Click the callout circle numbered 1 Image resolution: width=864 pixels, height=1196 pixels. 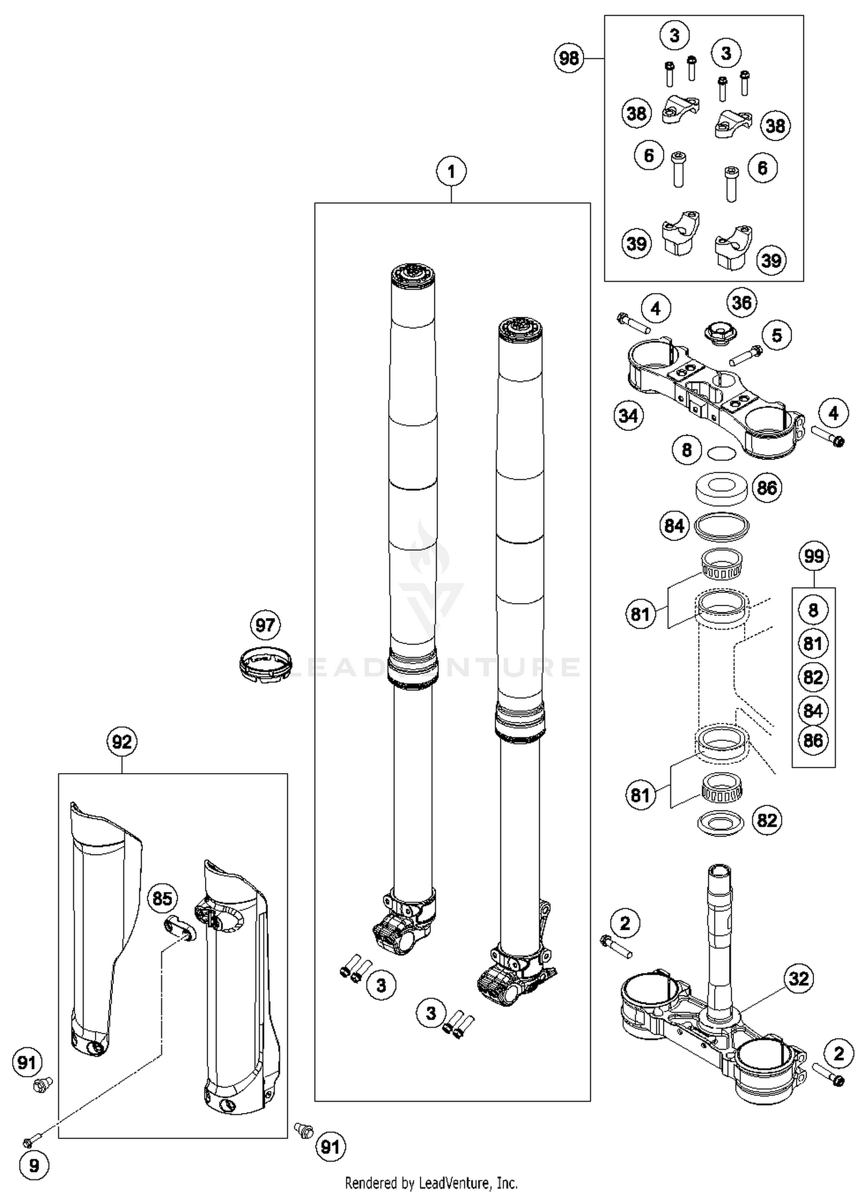pyautogui.click(x=451, y=172)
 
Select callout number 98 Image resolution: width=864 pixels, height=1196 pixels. pyautogui.click(x=569, y=58)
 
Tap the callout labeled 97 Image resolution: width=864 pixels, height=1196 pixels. pyautogui.click(x=265, y=625)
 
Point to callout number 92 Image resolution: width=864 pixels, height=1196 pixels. pyautogui.click(x=122, y=742)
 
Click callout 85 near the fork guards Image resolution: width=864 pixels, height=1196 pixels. pyautogui.click(x=162, y=898)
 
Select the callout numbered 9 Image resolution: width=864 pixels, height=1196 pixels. pyautogui.click(x=34, y=1166)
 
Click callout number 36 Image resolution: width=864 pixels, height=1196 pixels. pyautogui.click(x=741, y=303)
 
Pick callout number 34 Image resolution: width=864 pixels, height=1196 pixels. pyautogui.click(x=628, y=415)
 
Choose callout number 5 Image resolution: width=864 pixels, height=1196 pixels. pyautogui.click(x=776, y=335)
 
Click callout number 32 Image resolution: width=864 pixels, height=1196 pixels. pyautogui.click(x=798, y=978)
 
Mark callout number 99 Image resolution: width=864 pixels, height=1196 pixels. pyautogui.click(x=813, y=557)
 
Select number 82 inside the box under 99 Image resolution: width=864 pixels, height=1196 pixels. pyautogui.click(x=813, y=677)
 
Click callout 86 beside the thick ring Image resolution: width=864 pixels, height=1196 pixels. pyautogui.click(x=767, y=489)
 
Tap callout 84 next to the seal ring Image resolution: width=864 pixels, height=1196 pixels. pyautogui.click(x=674, y=526)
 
